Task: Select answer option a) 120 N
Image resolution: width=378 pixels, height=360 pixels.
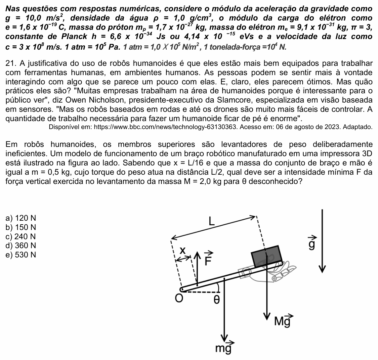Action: pyautogui.click(x=21, y=218)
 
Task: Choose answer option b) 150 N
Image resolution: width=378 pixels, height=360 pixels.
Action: pyautogui.click(x=21, y=227)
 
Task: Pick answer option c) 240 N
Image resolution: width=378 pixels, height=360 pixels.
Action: pyautogui.click(x=21, y=236)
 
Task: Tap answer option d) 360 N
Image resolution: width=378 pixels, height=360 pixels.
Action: pyautogui.click(x=21, y=246)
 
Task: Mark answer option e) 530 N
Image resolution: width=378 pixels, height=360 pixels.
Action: pyautogui.click(x=21, y=255)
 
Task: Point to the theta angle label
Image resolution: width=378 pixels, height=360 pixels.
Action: pyautogui.click(x=217, y=300)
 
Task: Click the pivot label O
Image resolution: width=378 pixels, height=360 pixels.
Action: pyautogui.click(x=179, y=298)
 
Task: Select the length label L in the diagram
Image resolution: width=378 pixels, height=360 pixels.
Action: pyautogui.click(x=211, y=221)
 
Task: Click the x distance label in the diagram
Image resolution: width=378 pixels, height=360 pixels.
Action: pyautogui.click(x=183, y=250)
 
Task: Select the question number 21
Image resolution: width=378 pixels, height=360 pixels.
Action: pyautogui.click(x=10, y=64)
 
